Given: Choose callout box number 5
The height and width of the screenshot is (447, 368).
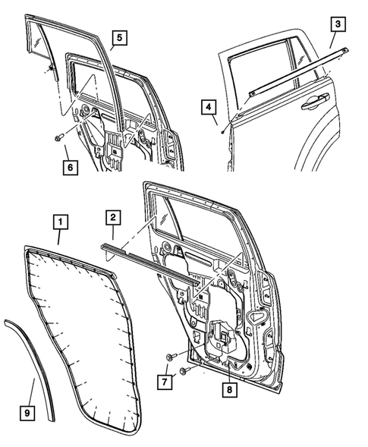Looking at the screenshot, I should tap(119, 35).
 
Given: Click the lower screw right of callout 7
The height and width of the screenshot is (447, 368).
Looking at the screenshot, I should tap(184, 370).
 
